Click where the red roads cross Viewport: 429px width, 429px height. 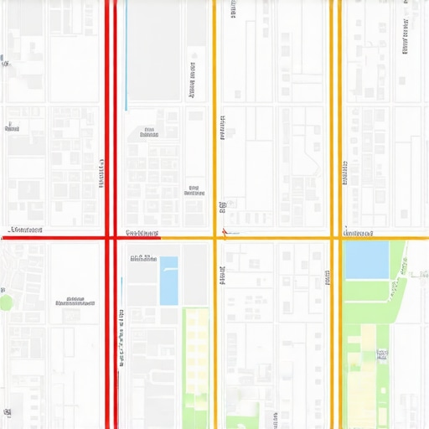pos(110,238)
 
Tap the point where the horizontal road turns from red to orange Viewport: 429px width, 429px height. pos(160,238)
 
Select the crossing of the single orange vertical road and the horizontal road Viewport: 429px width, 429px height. pos(214,238)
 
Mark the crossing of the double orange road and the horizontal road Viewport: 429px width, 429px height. pos(335,238)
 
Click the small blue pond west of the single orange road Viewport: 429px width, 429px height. pos(168,282)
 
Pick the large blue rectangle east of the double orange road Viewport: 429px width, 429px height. pos(366,260)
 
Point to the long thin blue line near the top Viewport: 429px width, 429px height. pos(126,54)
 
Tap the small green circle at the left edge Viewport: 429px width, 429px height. pos(6,302)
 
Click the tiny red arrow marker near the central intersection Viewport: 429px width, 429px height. pos(224,231)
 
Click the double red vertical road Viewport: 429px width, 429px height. pos(110,126)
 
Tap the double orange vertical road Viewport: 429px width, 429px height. pos(335,126)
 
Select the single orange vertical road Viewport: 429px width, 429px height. pos(214,126)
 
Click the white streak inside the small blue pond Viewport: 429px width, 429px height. pos(170,269)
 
